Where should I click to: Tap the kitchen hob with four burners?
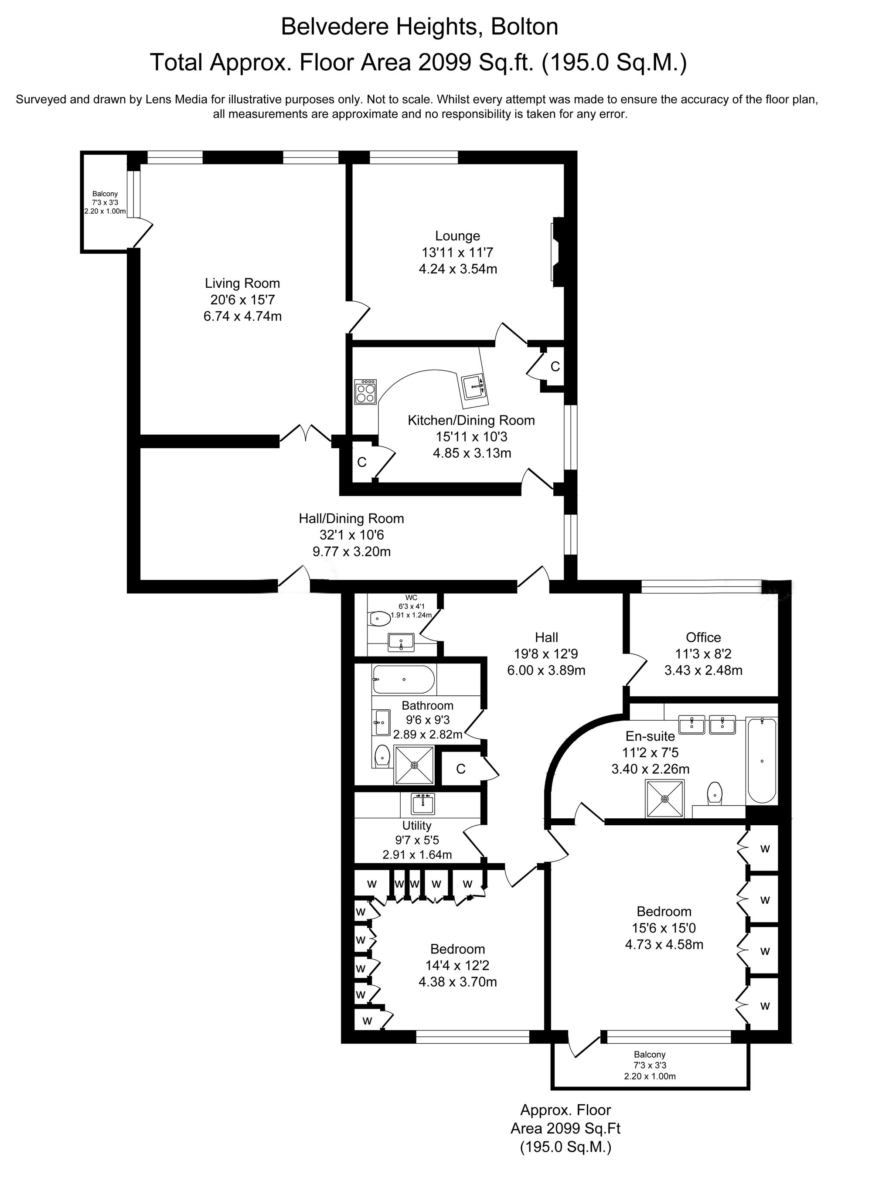[365, 391]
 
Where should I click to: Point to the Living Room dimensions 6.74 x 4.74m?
[242, 317]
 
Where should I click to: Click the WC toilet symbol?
[379, 618]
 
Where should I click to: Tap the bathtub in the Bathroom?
[404, 680]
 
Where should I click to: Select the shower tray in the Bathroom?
[415, 765]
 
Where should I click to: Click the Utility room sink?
[423, 804]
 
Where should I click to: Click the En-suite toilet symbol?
[715, 792]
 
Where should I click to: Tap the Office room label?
[703, 637]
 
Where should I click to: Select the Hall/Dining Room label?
[351, 519]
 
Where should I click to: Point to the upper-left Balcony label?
[105, 194]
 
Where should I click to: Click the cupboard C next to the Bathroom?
[461, 769]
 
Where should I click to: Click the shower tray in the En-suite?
[664, 798]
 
